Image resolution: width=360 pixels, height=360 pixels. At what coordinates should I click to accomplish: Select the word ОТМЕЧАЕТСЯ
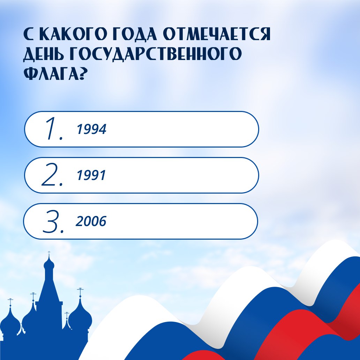point(217,34)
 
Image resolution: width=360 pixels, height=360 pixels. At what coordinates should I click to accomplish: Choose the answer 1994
point(91,129)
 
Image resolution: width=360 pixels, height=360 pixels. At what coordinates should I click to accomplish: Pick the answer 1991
point(91,175)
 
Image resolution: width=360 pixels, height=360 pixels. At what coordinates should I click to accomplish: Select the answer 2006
point(91,221)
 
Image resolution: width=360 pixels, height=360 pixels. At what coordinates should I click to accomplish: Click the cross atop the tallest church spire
point(49,254)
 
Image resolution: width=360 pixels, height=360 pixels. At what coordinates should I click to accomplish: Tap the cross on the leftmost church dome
point(10,302)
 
